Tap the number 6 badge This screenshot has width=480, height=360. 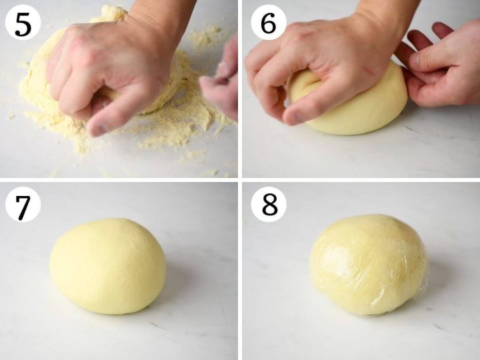pos(269,24)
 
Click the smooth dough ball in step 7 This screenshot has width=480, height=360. pos(107,266)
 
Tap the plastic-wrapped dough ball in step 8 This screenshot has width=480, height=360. pos(368,265)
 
